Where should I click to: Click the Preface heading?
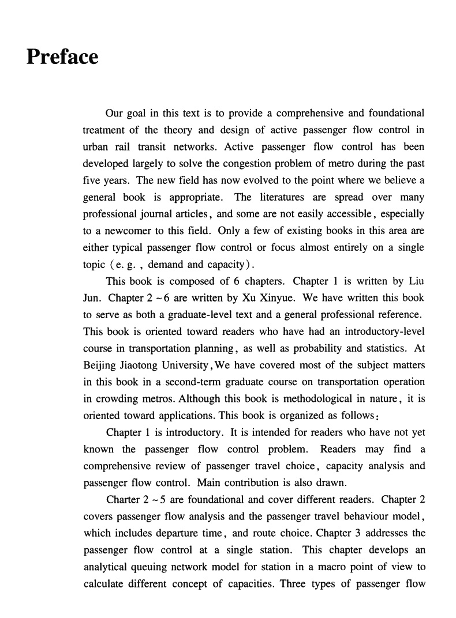click(x=62, y=57)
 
